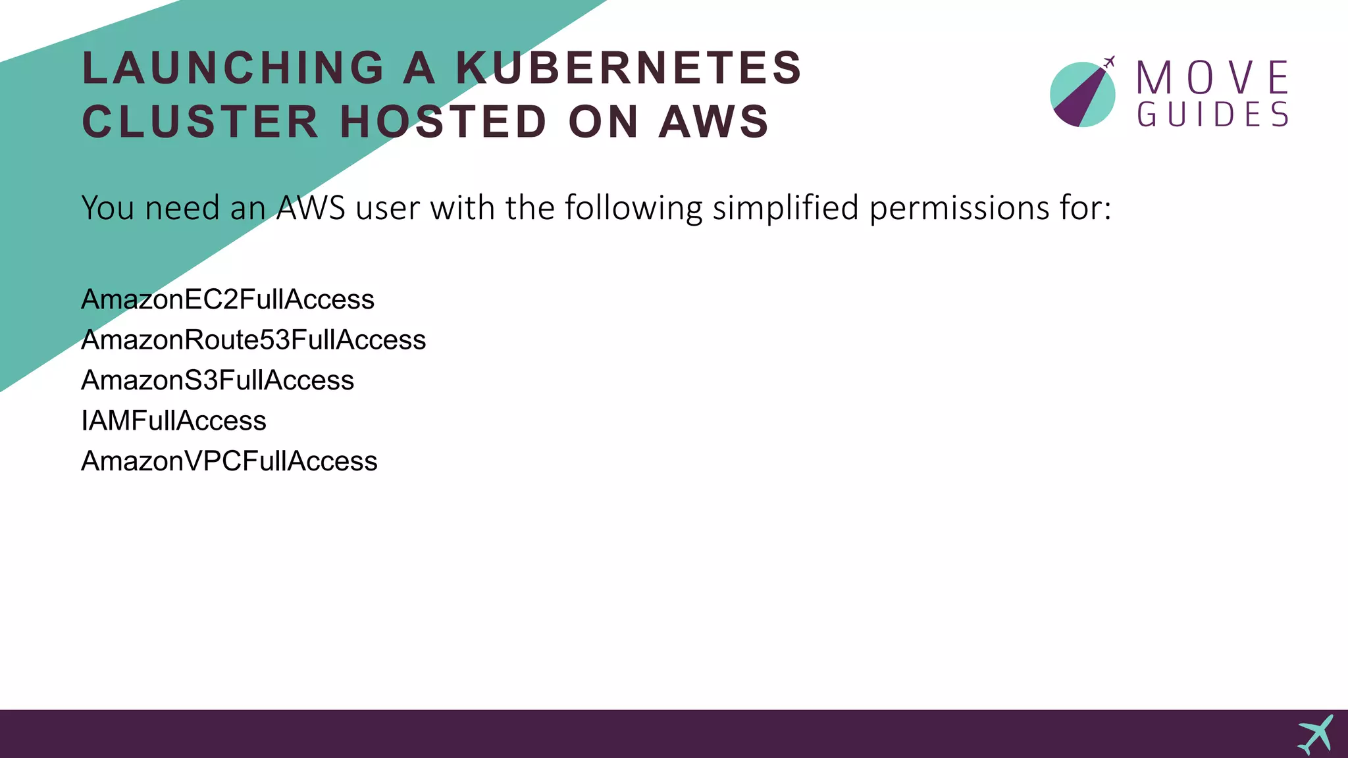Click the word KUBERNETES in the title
pyautogui.click(x=629, y=68)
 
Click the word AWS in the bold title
pyautogui.click(x=714, y=122)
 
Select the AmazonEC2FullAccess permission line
pyautogui.click(x=228, y=299)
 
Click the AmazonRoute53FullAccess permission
pyautogui.click(x=253, y=340)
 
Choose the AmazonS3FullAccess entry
pyautogui.click(x=217, y=380)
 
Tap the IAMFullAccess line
pyautogui.click(x=174, y=421)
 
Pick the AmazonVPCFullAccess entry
pyautogui.click(x=229, y=461)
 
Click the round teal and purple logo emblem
pyautogui.click(x=1082, y=95)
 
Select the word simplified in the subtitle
pyautogui.click(x=786, y=209)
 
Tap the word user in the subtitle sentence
pyautogui.click(x=388, y=209)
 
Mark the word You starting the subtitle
pyautogui.click(x=108, y=209)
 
